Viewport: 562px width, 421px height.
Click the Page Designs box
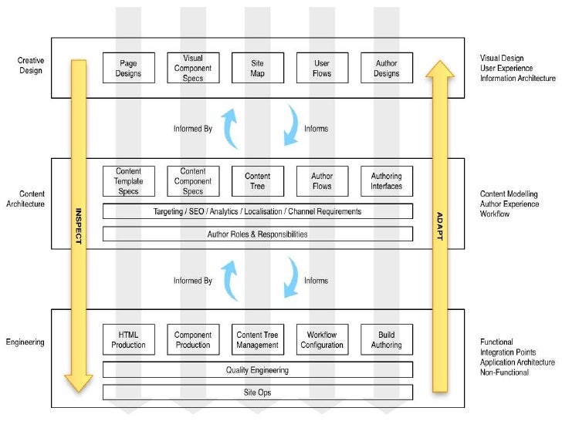point(129,68)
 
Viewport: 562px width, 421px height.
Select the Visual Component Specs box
point(193,68)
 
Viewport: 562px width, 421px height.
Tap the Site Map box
point(258,68)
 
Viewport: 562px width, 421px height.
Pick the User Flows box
point(322,68)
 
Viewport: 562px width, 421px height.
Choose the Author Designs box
point(387,68)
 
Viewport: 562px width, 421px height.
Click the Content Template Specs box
point(129,181)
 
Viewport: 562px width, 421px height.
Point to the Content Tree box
point(258,181)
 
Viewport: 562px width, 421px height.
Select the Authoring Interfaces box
point(387,181)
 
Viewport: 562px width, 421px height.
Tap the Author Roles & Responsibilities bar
point(258,234)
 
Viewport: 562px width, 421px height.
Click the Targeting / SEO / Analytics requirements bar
point(258,211)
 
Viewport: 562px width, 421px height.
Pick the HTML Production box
point(129,339)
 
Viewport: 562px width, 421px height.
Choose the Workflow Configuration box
point(322,339)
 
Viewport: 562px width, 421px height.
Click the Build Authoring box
point(387,339)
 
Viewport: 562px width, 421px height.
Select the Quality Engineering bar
point(258,370)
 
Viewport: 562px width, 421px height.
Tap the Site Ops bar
point(258,392)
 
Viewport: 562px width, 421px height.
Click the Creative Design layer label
point(31,64)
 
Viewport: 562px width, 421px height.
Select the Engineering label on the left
point(25,341)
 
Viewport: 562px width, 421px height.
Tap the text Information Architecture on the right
point(517,78)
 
